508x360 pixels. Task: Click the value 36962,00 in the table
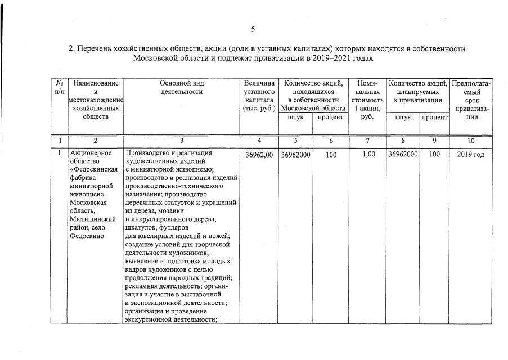pos(259,154)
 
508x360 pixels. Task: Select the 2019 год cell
pos(471,154)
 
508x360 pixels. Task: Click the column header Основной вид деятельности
pos(181,87)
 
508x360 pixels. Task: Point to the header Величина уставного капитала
pos(259,96)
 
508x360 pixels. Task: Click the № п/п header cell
pos(59,87)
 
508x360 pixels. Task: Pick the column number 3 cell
pos(181,141)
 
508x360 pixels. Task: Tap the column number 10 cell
pos(471,141)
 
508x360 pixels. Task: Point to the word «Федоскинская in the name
pos(93,169)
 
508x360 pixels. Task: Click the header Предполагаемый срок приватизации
pos(471,100)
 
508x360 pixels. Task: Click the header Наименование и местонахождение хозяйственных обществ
pos(96,100)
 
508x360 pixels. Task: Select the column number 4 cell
pos(259,141)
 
